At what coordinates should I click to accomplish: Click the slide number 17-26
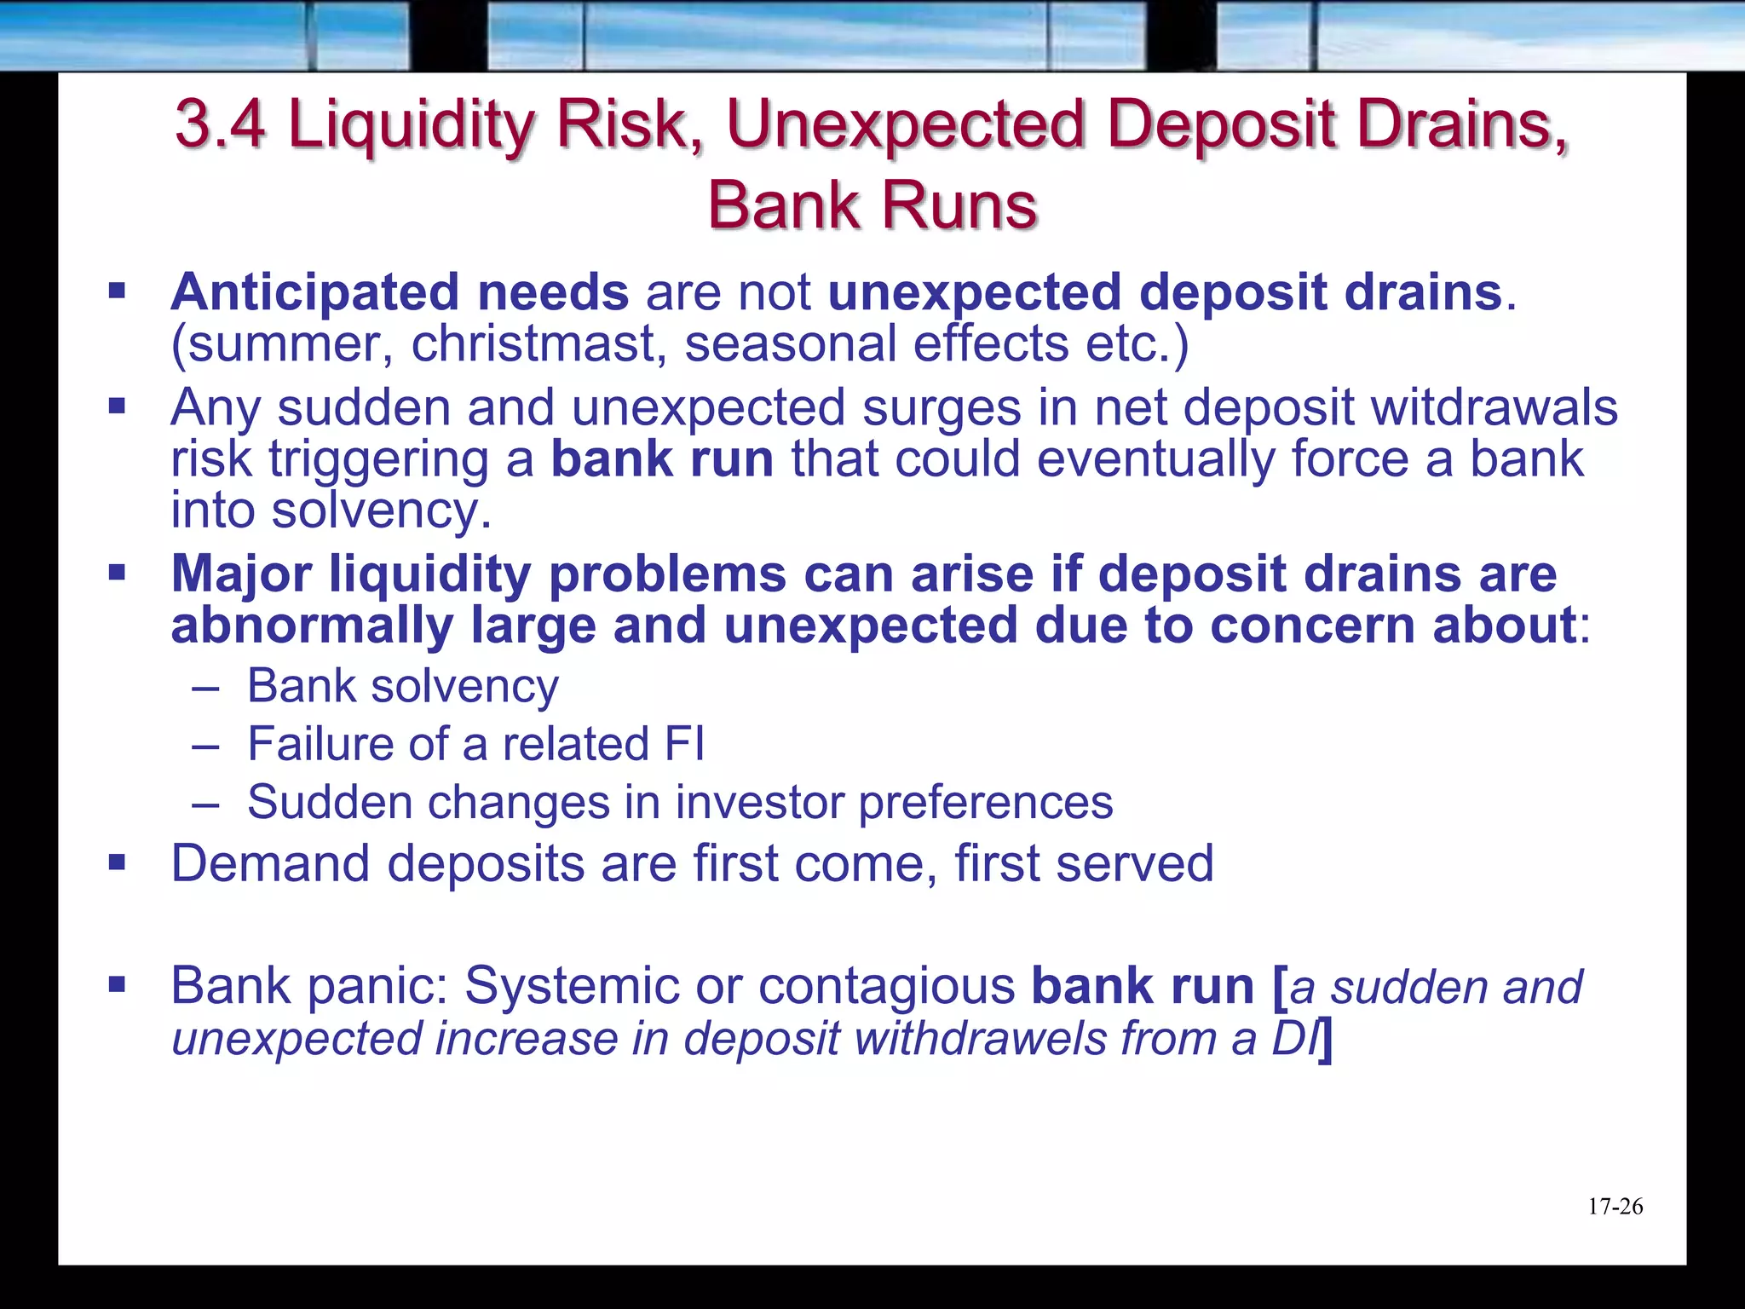pyautogui.click(x=1615, y=1207)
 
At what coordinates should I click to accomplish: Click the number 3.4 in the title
pyautogui.click(x=220, y=124)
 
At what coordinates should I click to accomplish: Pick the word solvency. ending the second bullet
pyautogui.click(x=382, y=511)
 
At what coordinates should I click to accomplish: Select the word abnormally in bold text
pyautogui.click(x=312, y=626)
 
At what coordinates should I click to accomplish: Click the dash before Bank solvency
pyautogui.click(x=205, y=687)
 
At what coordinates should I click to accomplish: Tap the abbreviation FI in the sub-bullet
pyautogui.click(x=684, y=744)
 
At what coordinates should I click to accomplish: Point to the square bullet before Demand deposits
pyautogui.click(x=117, y=863)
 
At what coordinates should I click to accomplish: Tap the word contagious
pyautogui.click(x=886, y=986)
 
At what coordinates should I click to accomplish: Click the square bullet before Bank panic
pyautogui.click(x=117, y=986)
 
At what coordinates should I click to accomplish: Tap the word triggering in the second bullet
pyautogui.click(x=379, y=460)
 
